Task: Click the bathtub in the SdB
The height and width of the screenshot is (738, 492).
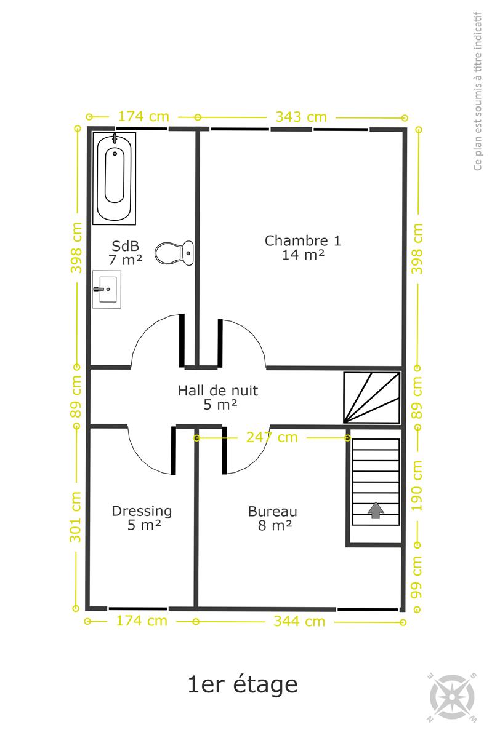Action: [114, 178]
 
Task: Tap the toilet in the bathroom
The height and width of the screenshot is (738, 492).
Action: [174, 253]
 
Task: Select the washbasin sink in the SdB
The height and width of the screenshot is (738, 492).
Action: [107, 289]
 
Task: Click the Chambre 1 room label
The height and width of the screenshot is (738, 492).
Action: [302, 247]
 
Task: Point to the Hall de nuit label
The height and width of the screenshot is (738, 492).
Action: [218, 397]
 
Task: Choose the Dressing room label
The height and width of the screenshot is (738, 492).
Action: [142, 518]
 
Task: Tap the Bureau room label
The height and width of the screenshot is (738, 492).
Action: [273, 518]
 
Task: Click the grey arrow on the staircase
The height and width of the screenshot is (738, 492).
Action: [376, 510]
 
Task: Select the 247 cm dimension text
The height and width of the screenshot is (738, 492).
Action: [272, 437]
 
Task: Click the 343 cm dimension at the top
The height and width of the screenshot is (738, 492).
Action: [301, 117]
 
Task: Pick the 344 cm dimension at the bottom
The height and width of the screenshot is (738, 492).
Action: [299, 622]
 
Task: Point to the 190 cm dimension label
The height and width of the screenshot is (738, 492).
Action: [417, 486]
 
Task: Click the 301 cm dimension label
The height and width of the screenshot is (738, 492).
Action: [75, 517]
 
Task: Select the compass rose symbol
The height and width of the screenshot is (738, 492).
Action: [453, 697]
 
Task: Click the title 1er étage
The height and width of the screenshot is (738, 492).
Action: [243, 684]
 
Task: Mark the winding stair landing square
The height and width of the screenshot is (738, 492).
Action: [372, 398]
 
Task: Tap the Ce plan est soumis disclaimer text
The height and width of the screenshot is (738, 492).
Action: [477, 91]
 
